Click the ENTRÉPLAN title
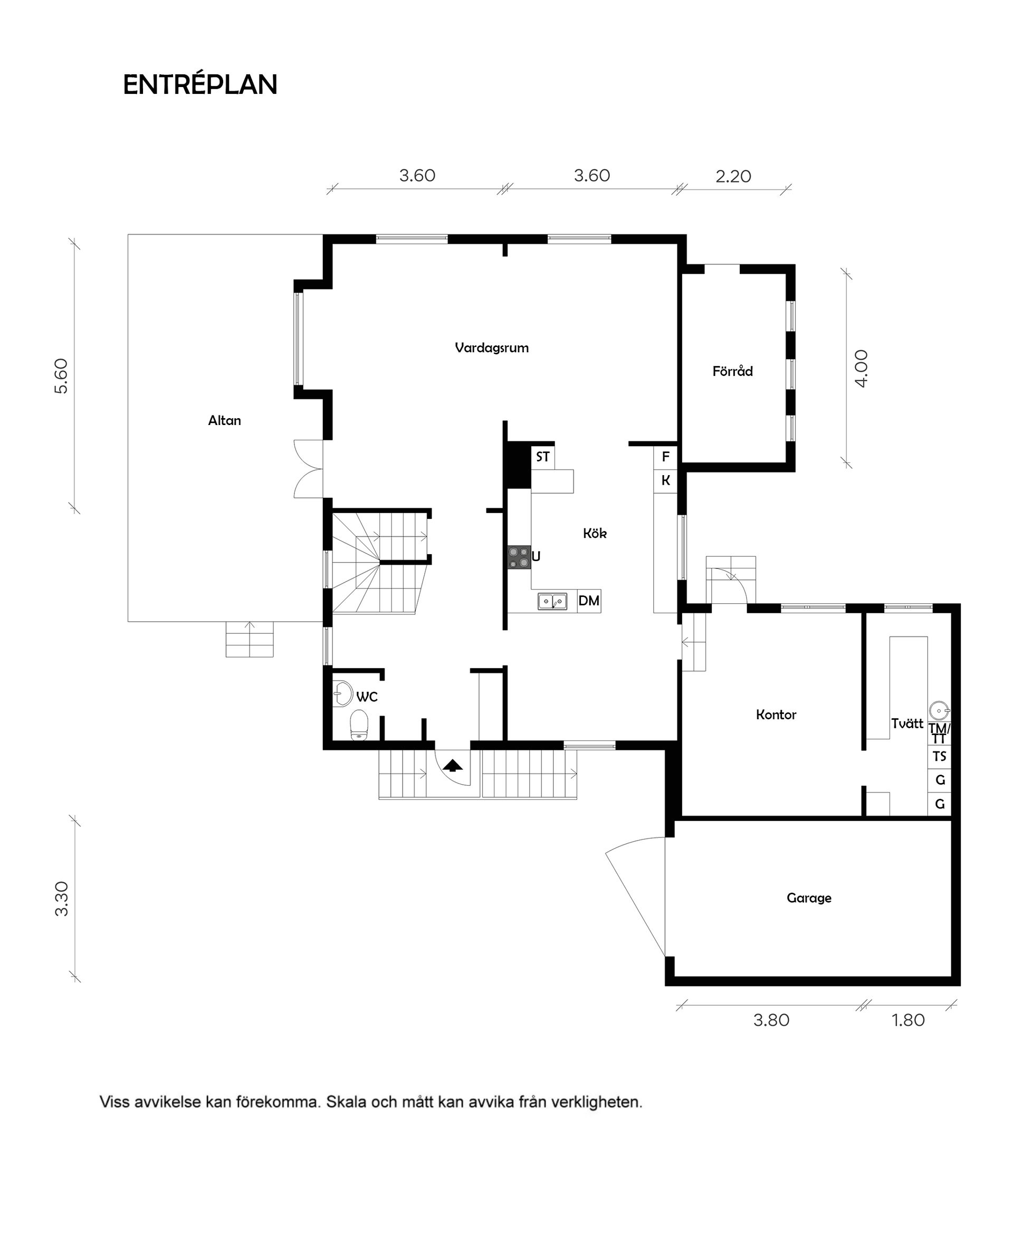199,84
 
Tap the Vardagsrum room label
491,348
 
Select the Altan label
224,420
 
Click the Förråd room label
732,371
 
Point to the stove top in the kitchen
519,557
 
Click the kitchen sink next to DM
552,601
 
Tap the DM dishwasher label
589,601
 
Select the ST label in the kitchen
543,457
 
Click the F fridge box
665,457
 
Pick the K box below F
665,481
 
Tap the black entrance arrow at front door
453,765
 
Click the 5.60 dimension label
61,376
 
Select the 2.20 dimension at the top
733,176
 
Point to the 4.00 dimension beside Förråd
861,368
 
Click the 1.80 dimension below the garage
908,1020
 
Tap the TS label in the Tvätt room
940,756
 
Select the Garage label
809,898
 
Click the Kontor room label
776,715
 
